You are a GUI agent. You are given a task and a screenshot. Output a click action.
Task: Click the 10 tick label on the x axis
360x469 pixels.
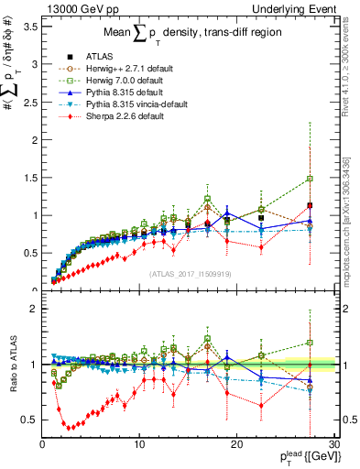point(139,444)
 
